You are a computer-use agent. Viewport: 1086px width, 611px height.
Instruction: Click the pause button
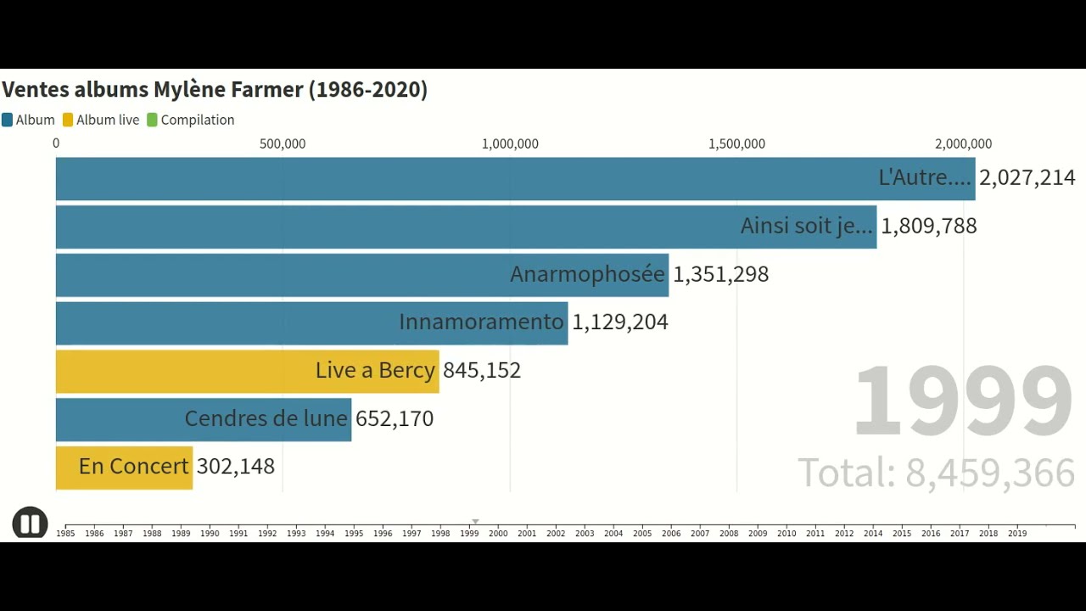click(30, 524)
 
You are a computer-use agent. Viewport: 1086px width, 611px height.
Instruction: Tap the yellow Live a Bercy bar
click(247, 371)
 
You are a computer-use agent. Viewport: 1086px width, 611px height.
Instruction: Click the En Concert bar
click(124, 467)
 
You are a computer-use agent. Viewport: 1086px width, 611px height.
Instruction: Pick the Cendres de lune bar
click(204, 418)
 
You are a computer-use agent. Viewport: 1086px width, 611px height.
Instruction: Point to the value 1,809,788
click(929, 226)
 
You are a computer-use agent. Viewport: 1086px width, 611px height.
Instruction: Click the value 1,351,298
click(721, 274)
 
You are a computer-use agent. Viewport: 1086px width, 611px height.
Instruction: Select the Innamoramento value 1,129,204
click(620, 322)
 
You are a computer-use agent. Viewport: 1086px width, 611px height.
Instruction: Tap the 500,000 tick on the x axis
click(283, 144)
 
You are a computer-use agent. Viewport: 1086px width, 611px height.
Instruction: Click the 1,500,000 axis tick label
click(736, 144)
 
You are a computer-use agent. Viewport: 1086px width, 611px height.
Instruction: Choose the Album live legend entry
click(107, 121)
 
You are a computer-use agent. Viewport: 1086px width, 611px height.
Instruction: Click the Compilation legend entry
click(197, 121)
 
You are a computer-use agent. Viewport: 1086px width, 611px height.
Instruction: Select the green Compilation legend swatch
click(153, 121)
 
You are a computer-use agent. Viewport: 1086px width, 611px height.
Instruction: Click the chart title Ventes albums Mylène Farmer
click(215, 90)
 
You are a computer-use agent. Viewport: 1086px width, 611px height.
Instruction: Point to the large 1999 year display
click(963, 401)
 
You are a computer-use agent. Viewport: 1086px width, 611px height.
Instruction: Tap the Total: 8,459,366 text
click(936, 473)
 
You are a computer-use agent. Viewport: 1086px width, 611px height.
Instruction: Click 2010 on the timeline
click(787, 534)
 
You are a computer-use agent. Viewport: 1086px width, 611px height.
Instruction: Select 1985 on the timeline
click(65, 534)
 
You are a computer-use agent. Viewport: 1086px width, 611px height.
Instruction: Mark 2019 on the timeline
click(1017, 534)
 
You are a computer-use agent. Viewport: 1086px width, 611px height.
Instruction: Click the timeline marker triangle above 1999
click(475, 522)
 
